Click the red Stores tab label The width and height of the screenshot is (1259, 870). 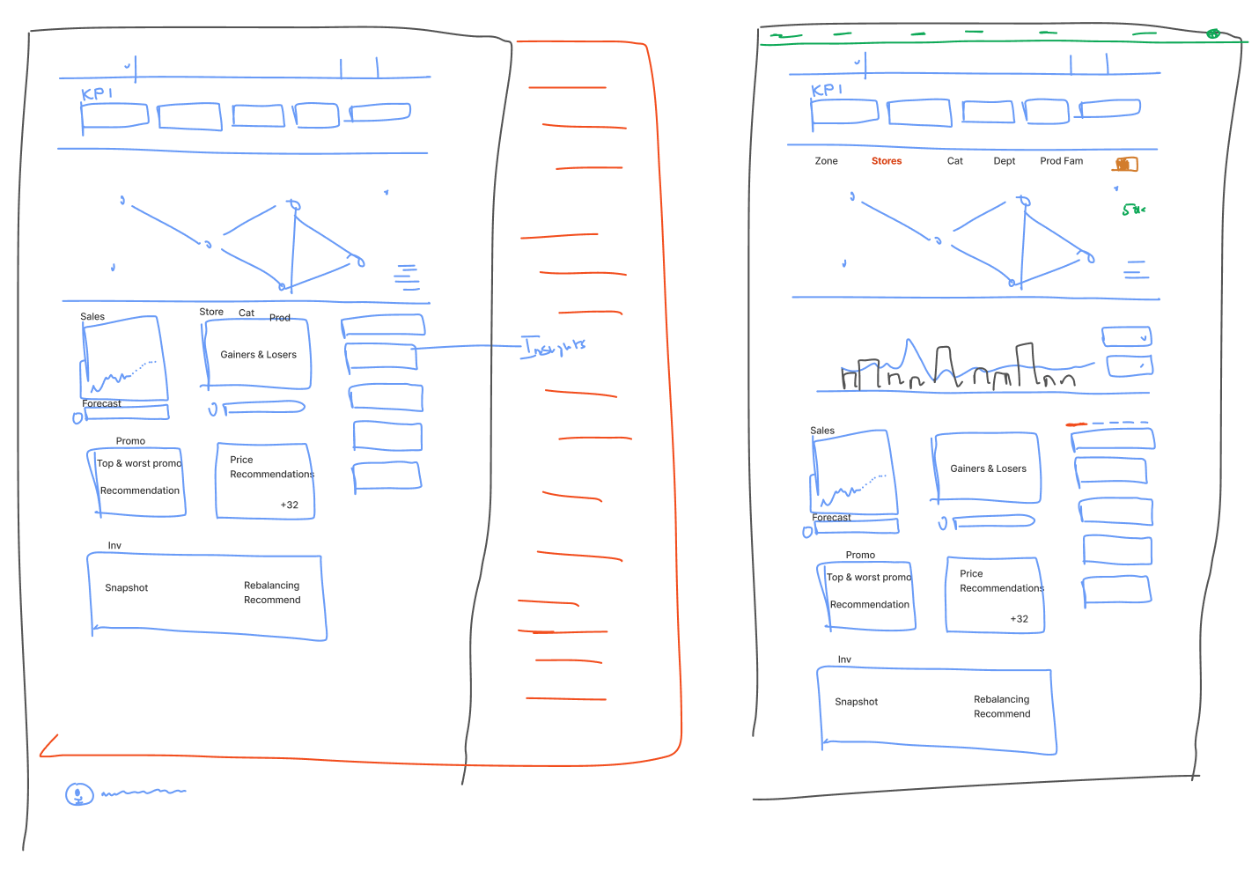coord(887,161)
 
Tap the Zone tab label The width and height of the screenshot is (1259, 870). coord(826,161)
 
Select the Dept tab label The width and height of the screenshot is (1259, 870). coord(1004,161)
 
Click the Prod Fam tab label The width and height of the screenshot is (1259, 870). coord(1061,161)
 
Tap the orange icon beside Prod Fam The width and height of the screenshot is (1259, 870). coord(1125,164)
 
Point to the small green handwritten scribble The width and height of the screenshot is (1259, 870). coord(1132,210)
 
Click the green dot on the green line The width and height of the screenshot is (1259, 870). coord(1212,33)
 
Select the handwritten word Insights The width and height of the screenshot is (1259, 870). coord(554,347)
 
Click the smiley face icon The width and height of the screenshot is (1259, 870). coord(79,794)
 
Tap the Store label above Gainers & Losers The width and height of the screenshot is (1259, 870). coord(211,312)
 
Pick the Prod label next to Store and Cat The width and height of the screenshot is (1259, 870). coord(280,318)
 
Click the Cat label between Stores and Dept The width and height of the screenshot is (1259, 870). coord(954,161)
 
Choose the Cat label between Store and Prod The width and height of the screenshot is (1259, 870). coord(247,313)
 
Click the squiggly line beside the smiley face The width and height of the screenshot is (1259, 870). coord(144,793)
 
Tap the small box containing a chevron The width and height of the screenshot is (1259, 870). coord(1126,336)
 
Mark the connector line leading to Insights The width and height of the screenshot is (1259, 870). coord(467,347)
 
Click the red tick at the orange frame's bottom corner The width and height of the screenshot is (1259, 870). coord(48,745)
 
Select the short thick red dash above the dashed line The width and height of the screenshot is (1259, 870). coord(1076,424)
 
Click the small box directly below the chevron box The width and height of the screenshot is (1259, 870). coord(1130,365)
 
